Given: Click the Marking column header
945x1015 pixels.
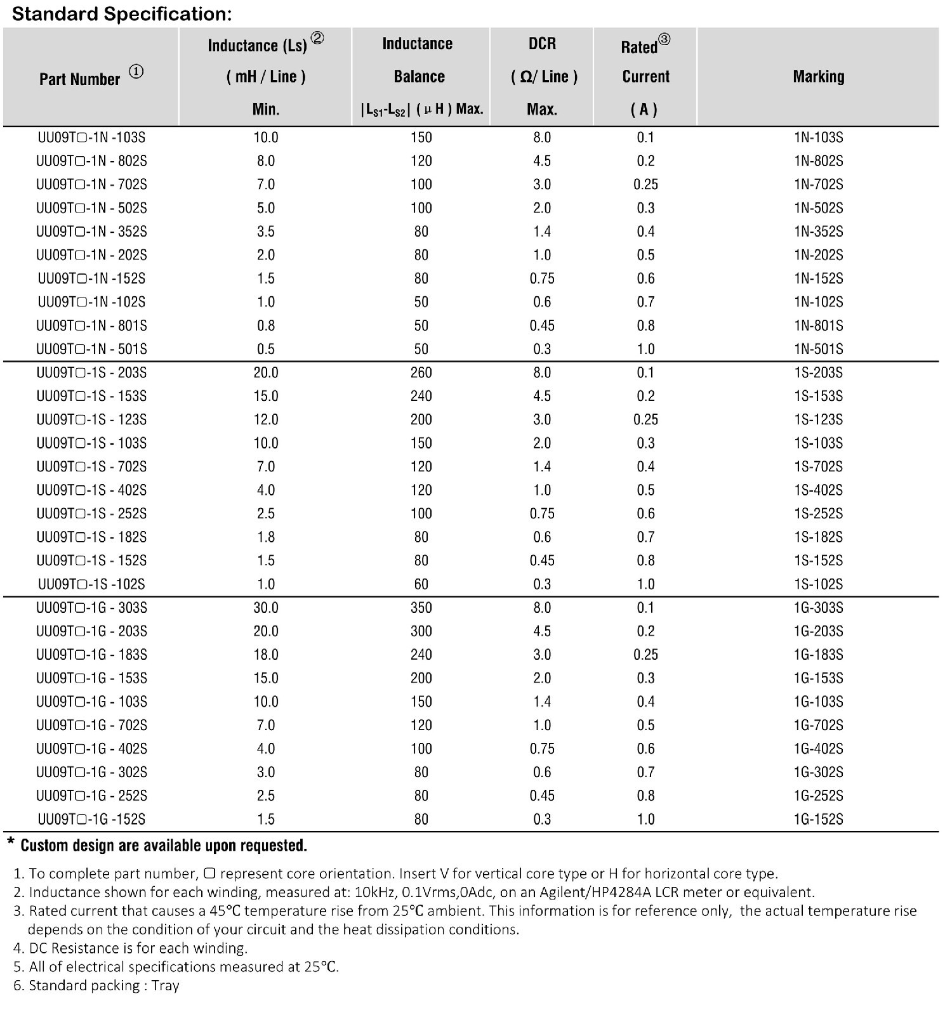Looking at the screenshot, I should coord(818,77).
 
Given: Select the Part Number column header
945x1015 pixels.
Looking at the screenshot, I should coord(79,79).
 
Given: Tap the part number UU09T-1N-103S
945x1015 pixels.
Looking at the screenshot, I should coord(91,138).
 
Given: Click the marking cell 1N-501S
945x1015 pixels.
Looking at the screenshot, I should coord(818,349).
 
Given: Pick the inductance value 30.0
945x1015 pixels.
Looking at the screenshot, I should coord(266,608).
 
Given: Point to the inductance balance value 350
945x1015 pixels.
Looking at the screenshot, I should coord(421,608).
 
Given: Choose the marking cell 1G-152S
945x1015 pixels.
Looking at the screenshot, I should coord(818,819).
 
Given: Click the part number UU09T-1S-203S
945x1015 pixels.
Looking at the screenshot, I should coord(91,372).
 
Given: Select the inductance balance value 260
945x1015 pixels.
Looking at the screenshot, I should coord(421,372).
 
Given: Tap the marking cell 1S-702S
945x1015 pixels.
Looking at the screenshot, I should coord(818,467).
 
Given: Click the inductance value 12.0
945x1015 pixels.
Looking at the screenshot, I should coord(266,419).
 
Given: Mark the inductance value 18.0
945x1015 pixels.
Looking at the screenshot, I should coord(266,655).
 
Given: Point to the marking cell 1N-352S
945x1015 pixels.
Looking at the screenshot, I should coord(818,232).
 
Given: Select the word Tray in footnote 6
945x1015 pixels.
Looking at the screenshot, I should coord(166,985).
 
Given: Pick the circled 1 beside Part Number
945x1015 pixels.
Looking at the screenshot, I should coord(136,72).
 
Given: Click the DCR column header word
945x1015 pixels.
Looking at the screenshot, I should coord(542,44).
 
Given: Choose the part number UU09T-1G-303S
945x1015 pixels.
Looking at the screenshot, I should coord(91,608).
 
